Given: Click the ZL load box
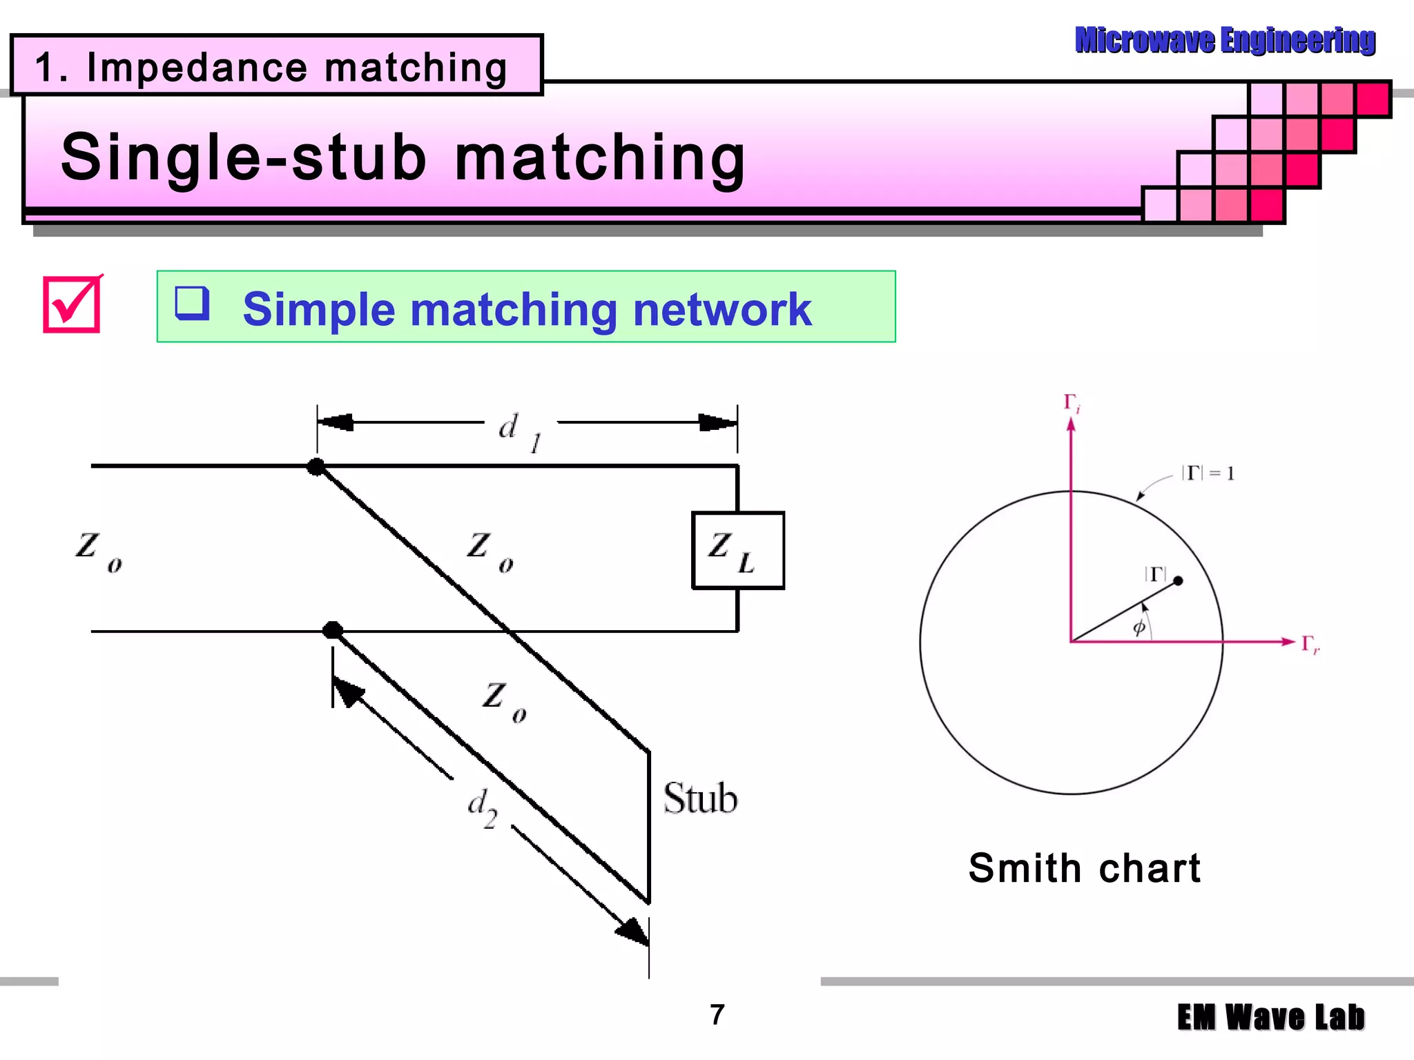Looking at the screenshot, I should tap(737, 550).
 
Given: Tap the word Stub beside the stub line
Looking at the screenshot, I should tap(700, 798).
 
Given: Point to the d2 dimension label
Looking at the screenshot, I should tap(482, 808).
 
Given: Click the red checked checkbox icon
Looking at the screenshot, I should tap(72, 304).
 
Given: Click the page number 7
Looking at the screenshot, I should tap(717, 1014).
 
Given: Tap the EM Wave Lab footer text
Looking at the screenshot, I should tap(1270, 1018).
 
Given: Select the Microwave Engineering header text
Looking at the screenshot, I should tap(1225, 40).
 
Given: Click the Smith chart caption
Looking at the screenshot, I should tap(1084, 867).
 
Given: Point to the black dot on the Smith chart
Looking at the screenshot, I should tap(1178, 580).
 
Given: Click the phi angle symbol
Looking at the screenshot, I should tap(1139, 627).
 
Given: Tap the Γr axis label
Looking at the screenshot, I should tap(1310, 644).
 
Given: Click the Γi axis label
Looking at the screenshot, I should tap(1072, 403).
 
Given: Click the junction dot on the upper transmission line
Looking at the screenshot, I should tap(316, 467).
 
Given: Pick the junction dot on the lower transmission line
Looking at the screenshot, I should tap(333, 629).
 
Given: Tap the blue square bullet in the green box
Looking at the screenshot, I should tap(191, 303).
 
